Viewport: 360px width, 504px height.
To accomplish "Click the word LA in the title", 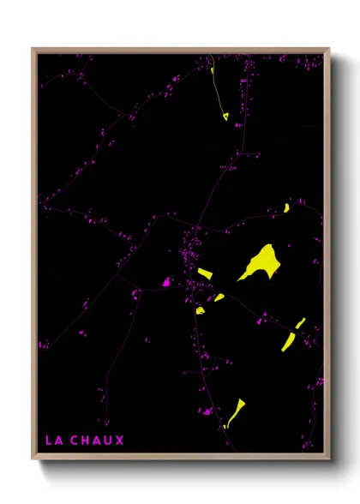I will tap(53, 441).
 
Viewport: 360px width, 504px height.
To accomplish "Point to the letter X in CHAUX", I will tap(120, 441).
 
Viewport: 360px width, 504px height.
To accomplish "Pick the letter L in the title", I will tap(48, 441).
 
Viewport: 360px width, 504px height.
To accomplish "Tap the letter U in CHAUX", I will tap(109, 441).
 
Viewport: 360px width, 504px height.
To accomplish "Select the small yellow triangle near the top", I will tap(225, 117).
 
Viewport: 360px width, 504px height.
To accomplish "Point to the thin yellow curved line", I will tap(213, 81).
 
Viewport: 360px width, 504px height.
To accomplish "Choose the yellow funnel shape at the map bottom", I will tap(235, 411).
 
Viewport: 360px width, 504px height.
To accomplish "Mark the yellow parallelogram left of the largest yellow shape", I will tap(204, 273).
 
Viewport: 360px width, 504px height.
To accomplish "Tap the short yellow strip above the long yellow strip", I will tap(300, 322).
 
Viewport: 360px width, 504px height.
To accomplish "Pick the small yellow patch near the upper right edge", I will tap(286, 207).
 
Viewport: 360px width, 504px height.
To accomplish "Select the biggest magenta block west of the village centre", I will tap(167, 281).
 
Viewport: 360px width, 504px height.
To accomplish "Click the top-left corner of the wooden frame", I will tap(33, 49).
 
